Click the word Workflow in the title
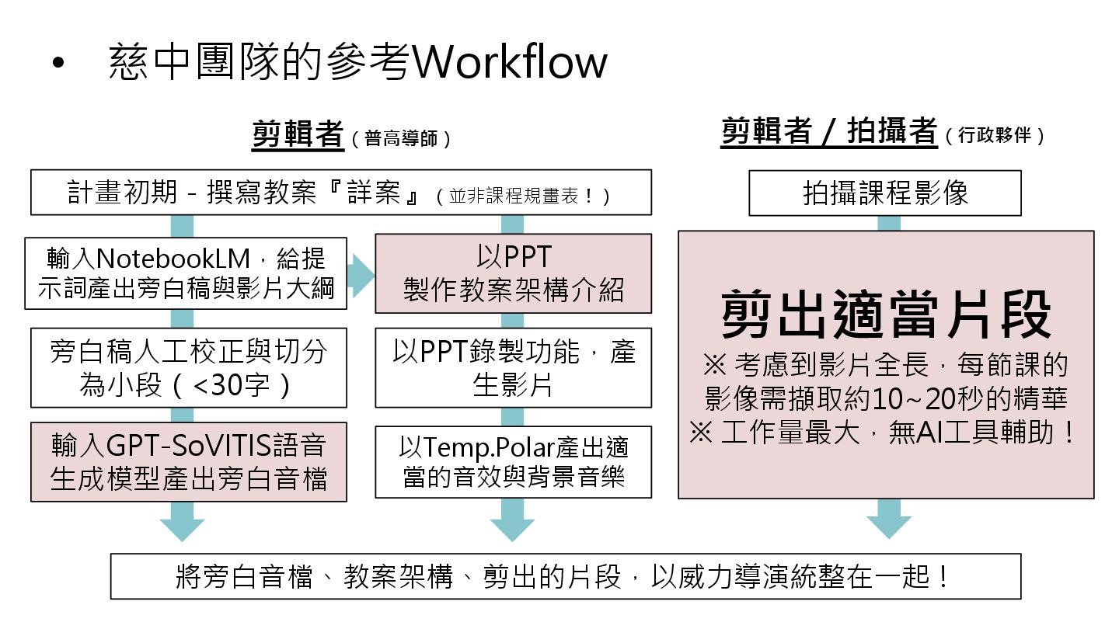pyautogui.click(x=508, y=62)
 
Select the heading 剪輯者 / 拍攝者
pyautogui.click(x=828, y=131)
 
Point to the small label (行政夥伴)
pyautogui.click(x=995, y=135)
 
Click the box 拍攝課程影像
pyautogui.click(x=885, y=193)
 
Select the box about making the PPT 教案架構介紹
pyautogui.click(x=513, y=273)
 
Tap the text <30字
pyautogui.click(x=231, y=384)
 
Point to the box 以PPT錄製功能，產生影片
pyautogui.click(x=513, y=367)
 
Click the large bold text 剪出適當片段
pyautogui.click(x=886, y=314)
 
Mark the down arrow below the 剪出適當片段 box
pyautogui.click(x=888, y=518)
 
